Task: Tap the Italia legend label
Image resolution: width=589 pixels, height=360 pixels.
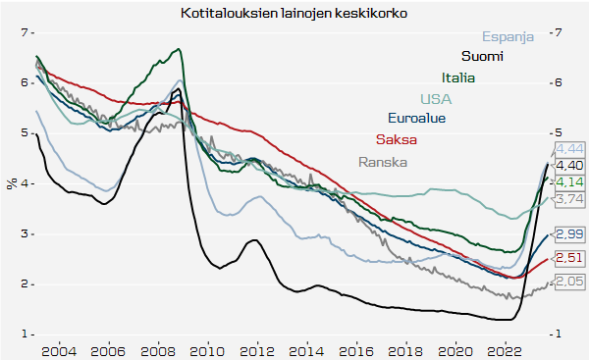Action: pyautogui.click(x=458, y=77)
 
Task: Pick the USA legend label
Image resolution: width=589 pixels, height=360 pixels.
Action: pyautogui.click(x=436, y=98)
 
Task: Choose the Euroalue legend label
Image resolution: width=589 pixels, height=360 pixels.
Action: pyautogui.click(x=416, y=119)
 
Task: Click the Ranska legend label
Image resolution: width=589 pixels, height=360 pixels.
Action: pyautogui.click(x=382, y=162)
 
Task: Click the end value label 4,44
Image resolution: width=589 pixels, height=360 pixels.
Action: pyautogui.click(x=569, y=149)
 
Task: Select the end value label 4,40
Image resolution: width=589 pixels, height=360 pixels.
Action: pyautogui.click(x=569, y=166)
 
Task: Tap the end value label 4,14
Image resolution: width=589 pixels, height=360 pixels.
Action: pyautogui.click(x=569, y=181)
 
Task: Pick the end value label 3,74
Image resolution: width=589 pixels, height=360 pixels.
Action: pyautogui.click(x=569, y=198)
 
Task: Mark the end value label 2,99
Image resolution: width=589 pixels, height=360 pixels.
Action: pyautogui.click(x=569, y=233)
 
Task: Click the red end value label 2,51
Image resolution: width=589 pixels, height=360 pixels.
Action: pyautogui.click(x=569, y=257)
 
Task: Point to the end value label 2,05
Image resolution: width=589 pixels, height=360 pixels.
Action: pyautogui.click(x=569, y=281)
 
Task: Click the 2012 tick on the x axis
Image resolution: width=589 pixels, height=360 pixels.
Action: pyautogui.click(x=257, y=349)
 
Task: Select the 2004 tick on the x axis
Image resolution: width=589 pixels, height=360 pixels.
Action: pyautogui.click(x=58, y=349)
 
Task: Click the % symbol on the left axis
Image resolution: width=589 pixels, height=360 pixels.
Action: pyautogui.click(x=11, y=183)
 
